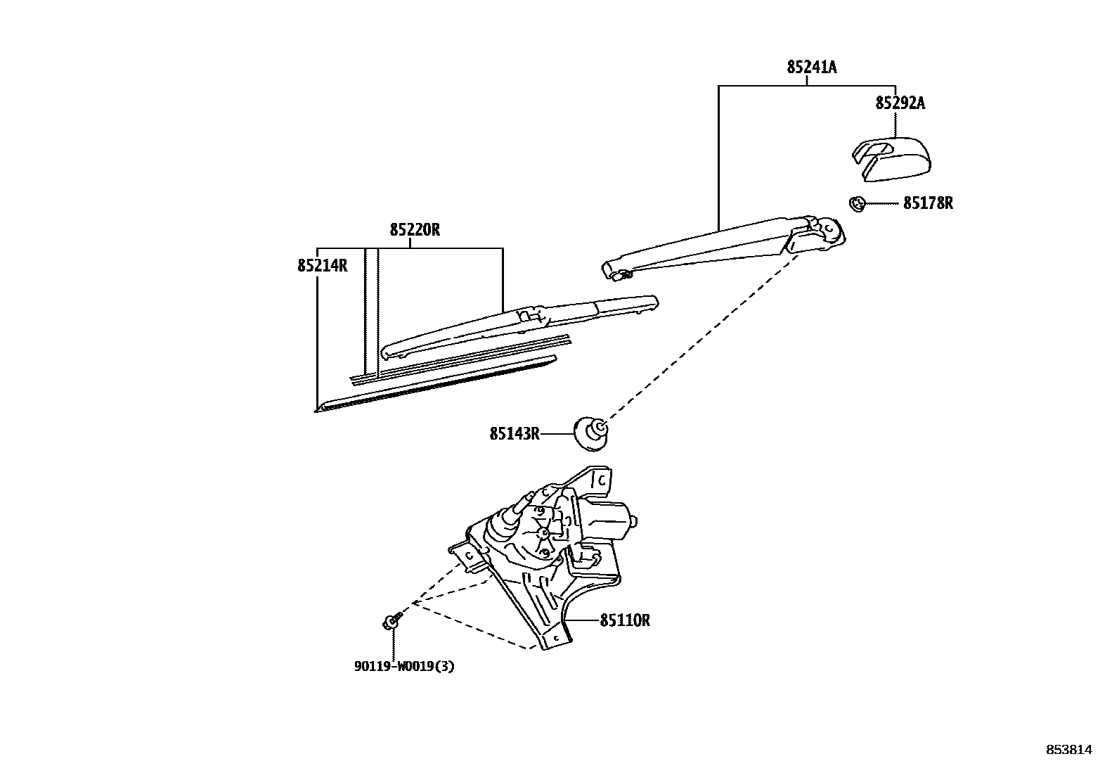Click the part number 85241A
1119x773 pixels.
click(x=811, y=68)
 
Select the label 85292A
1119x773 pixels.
click(x=900, y=103)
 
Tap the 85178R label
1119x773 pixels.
click(x=928, y=204)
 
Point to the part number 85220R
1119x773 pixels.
click(x=415, y=230)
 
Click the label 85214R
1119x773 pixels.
click(x=323, y=266)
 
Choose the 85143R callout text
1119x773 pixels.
click(x=515, y=434)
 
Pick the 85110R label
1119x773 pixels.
click(x=625, y=621)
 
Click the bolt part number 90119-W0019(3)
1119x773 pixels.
click(x=404, y=666)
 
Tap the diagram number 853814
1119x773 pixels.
click(x=1069, y=750)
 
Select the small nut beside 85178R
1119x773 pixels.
click(x=856, y=204)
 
